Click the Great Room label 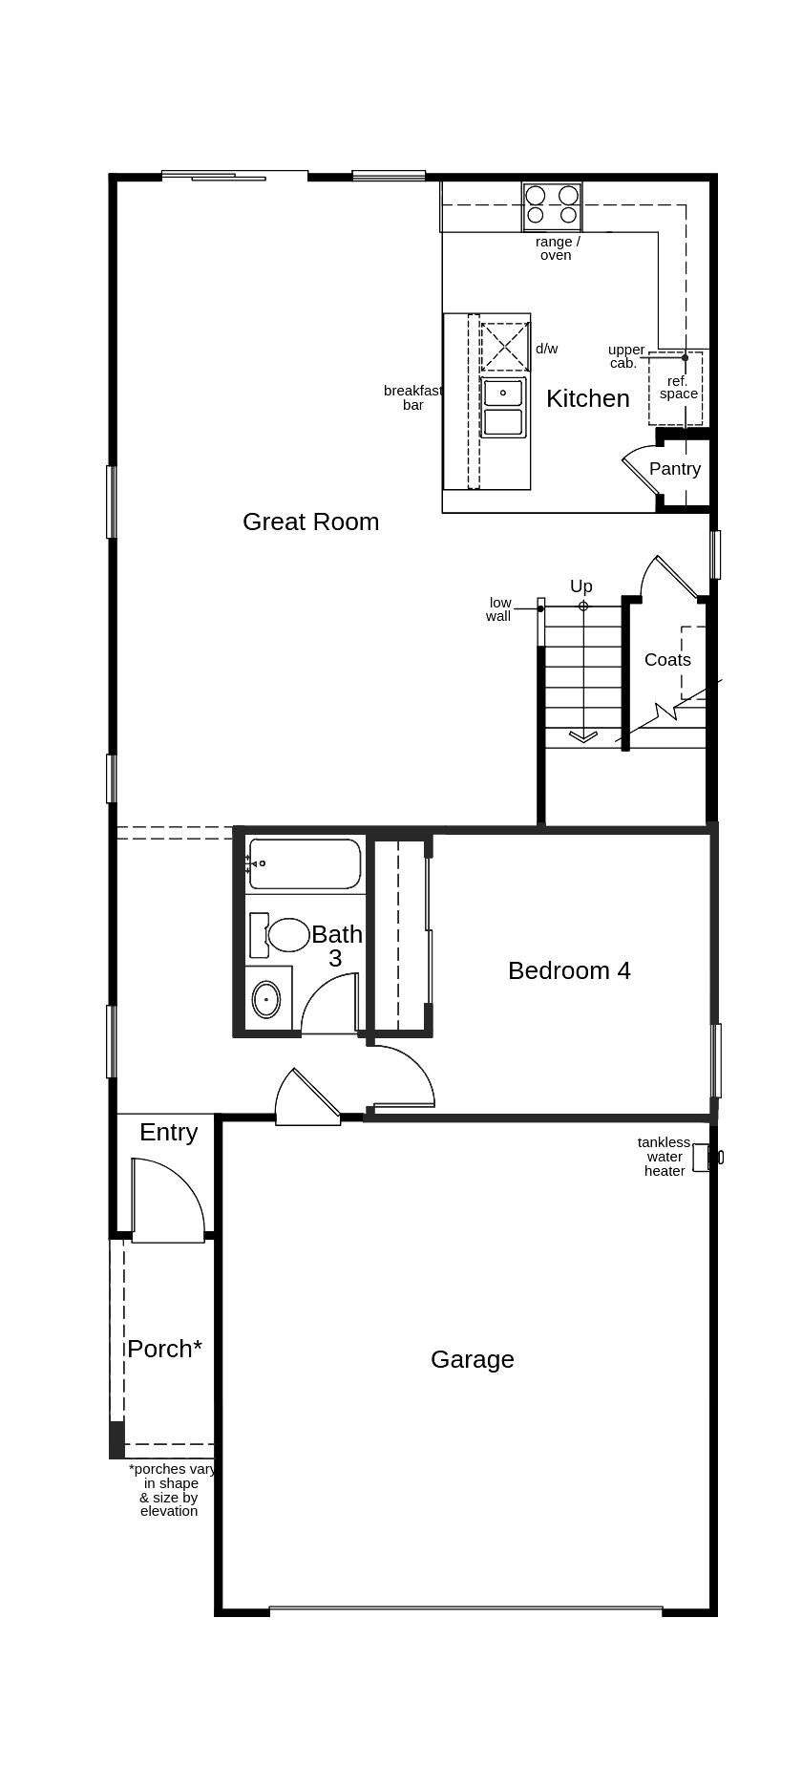tap(310, 521)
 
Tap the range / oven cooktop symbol tap(552, 206)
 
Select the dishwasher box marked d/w tap(504, 347)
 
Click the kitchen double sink tap(503, 407)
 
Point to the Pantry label tap(674, 469)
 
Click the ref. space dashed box tap(675, 389)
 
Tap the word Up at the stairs tap(580, 586)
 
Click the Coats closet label tap(667, 660)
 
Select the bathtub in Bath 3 tap(305, 863)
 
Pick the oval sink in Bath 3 tap(266, 1000)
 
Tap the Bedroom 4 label tap(569, 970)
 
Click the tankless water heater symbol tap(702, 1157)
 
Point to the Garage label tap(472, 1359)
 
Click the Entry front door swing tap(167, 1200)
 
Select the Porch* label tap(164, 1349)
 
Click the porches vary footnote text tap(170, 1490)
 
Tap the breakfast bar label tap(412, 397)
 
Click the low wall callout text tap(499, 609)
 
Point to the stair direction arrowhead tap(583, 735)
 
